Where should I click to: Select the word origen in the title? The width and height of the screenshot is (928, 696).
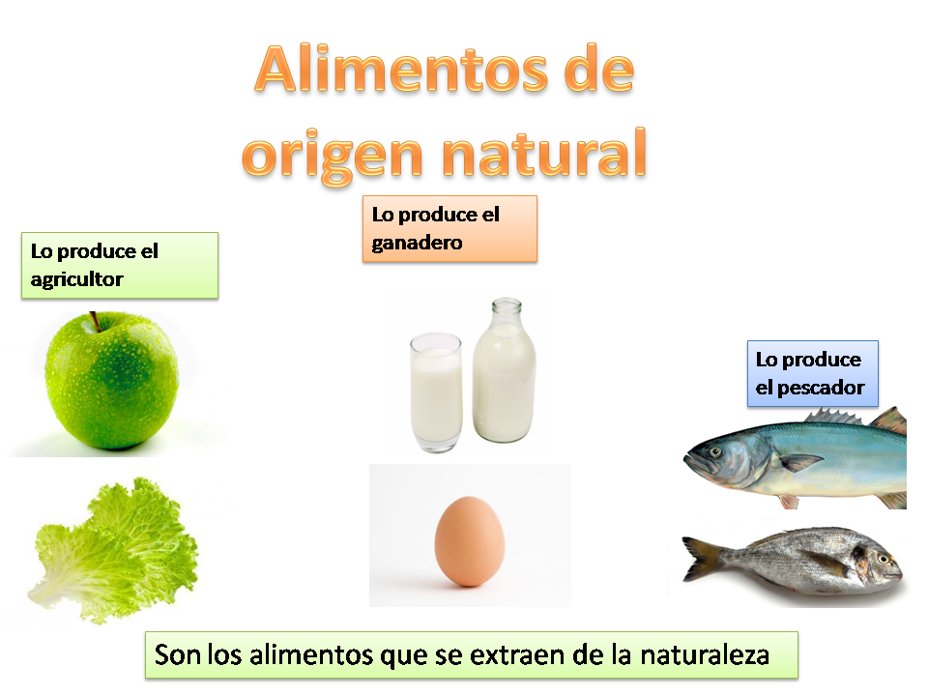click(333, 155)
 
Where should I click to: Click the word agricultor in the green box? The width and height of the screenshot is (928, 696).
click(77, 279)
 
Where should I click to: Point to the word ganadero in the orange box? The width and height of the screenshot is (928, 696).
click(418, 243)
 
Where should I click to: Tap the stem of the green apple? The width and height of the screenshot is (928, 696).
click(95, 320)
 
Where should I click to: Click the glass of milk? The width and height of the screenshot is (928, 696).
click(435, 391)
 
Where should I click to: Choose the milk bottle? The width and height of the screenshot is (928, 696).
click(504, 377)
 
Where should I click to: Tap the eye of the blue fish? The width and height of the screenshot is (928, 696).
click(713, 450)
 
